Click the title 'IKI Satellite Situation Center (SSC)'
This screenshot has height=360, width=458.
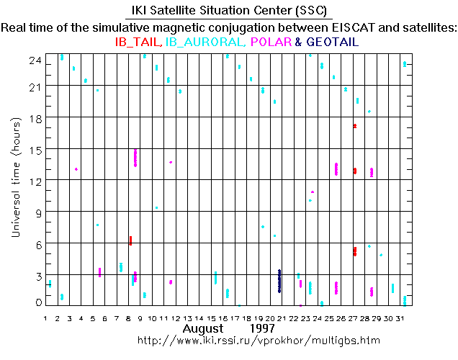pos(229,12)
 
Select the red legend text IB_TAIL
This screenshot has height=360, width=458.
pos(138,42)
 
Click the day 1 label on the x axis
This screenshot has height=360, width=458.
pos(46,318)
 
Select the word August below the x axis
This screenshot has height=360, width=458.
pos(202,328)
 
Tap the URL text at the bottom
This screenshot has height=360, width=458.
pos(258,339)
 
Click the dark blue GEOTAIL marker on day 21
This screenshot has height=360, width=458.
pos(279,281)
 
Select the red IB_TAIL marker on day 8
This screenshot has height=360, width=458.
pos(130,240)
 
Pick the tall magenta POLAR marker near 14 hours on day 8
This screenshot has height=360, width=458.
pos(135,158)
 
